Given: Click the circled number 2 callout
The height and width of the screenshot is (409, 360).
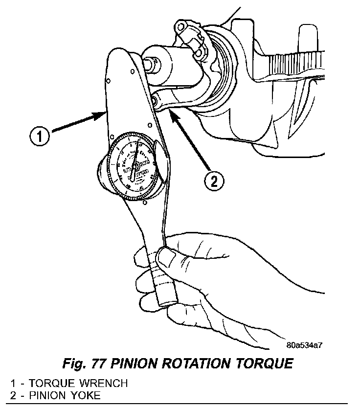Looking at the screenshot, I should coord(213,182).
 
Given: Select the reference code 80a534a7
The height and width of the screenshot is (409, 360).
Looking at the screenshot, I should coord(304,345).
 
